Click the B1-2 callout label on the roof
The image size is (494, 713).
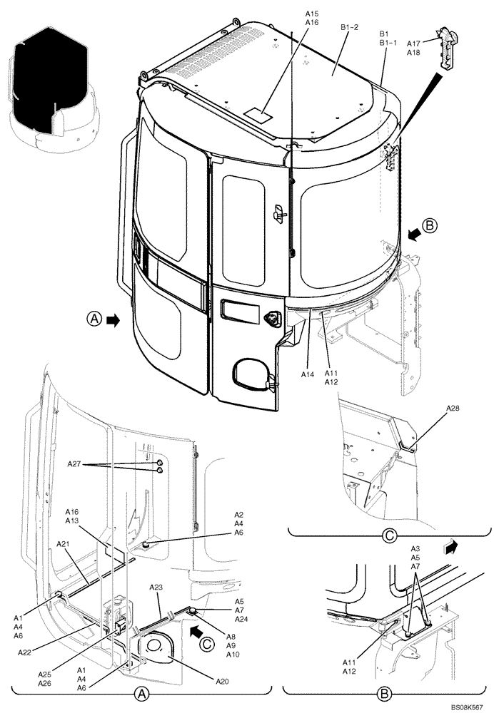[x=349, y=27]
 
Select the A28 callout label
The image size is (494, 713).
[x=453, y=409]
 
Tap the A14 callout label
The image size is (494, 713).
[x=308, y=374]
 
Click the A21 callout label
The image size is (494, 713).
[x=64, y=543]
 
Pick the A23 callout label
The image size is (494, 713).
[x=156, y=587]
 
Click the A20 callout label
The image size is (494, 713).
[x=222, y=662]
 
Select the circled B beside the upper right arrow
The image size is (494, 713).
[x=429, y=226]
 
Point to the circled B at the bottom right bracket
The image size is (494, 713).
[x=385, y=692]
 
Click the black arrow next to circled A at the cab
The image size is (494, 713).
[x=113, y=321]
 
